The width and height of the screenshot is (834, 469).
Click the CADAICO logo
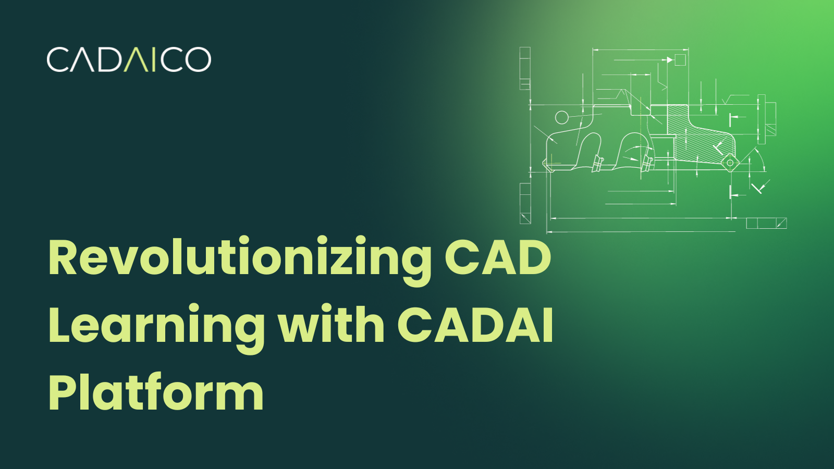point(129,59)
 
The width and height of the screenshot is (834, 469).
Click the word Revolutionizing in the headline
point(240,258)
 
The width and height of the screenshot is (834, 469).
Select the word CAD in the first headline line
point(497,257)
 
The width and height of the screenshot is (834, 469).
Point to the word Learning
point(156,326)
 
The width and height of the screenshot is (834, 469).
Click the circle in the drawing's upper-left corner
point(561,117)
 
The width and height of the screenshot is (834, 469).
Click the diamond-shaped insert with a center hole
point(730,163)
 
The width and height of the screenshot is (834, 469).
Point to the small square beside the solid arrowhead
point(680,60)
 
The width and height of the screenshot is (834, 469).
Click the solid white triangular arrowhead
point(670,60)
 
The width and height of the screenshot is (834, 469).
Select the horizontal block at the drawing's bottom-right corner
point(766,223)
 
